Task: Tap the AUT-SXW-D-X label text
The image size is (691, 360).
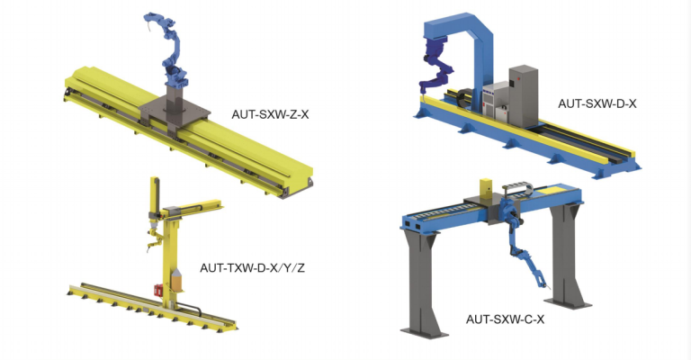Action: pos(597,103)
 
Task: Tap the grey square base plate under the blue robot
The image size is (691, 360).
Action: pos(175,113)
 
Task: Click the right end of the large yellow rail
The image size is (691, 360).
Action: pos(301,180)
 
